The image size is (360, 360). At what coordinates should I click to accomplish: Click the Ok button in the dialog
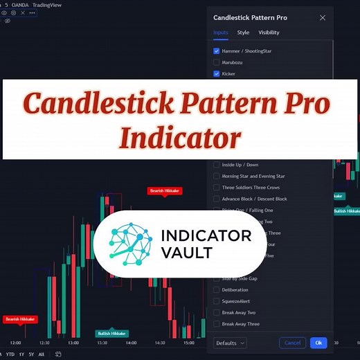[318, 343]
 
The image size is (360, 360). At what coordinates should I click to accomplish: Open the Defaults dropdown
[230, 343]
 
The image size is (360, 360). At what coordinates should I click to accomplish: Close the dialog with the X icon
[322, 17]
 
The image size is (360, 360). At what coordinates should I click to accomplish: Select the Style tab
[243, 33]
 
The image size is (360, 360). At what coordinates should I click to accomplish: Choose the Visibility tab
[269, 33]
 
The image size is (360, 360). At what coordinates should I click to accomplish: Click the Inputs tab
[221, 33]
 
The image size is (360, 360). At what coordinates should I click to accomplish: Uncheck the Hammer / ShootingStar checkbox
[217, 51]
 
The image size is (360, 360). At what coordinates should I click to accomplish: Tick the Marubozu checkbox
[217, 62]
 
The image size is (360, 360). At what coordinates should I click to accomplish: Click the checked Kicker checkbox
[217, 73]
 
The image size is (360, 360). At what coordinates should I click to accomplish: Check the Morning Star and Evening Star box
[217, 176]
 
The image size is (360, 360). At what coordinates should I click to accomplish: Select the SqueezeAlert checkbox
[217, 301]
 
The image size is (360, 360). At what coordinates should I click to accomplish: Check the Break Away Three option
[217, 323]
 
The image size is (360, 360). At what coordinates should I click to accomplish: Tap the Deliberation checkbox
[217, 290]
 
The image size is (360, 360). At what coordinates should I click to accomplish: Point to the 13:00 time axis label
[73, 343]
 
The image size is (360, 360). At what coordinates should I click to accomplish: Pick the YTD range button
[10, 354]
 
